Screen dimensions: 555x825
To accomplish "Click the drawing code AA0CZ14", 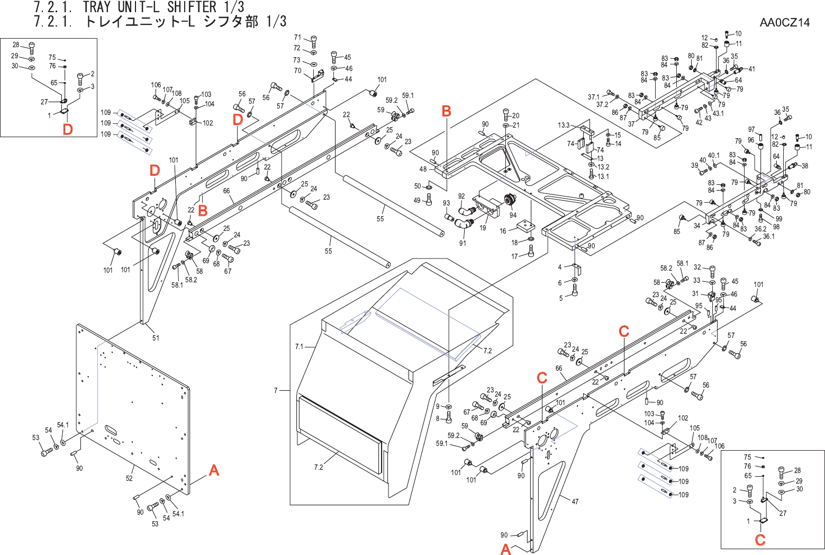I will [x=784, y=22].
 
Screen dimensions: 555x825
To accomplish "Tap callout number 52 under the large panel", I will [x=129, y=478].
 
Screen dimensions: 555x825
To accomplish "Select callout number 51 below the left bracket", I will [x=156, y=338].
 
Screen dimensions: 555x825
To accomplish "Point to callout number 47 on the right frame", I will [x=575, y=502].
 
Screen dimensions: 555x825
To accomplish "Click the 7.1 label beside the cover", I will [x=300, y=347].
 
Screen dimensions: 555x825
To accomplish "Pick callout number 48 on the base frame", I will [x=423, y=169].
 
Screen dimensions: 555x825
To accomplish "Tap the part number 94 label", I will [x=513, y=215].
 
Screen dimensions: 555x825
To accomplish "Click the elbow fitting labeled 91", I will [x=464, y=225].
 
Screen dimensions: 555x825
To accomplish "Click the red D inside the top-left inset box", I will [x=68, y=129].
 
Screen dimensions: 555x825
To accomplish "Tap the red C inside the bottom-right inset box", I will [x=760, y=540].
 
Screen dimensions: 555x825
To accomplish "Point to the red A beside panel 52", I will [x=214, y=470].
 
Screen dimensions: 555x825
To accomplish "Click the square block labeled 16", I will [x=526, y=226].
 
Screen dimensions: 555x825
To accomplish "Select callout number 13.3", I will [x=564, y=126].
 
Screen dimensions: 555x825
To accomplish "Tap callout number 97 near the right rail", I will [x=751, y=130].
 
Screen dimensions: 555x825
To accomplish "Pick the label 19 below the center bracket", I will [x=483, y=228].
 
